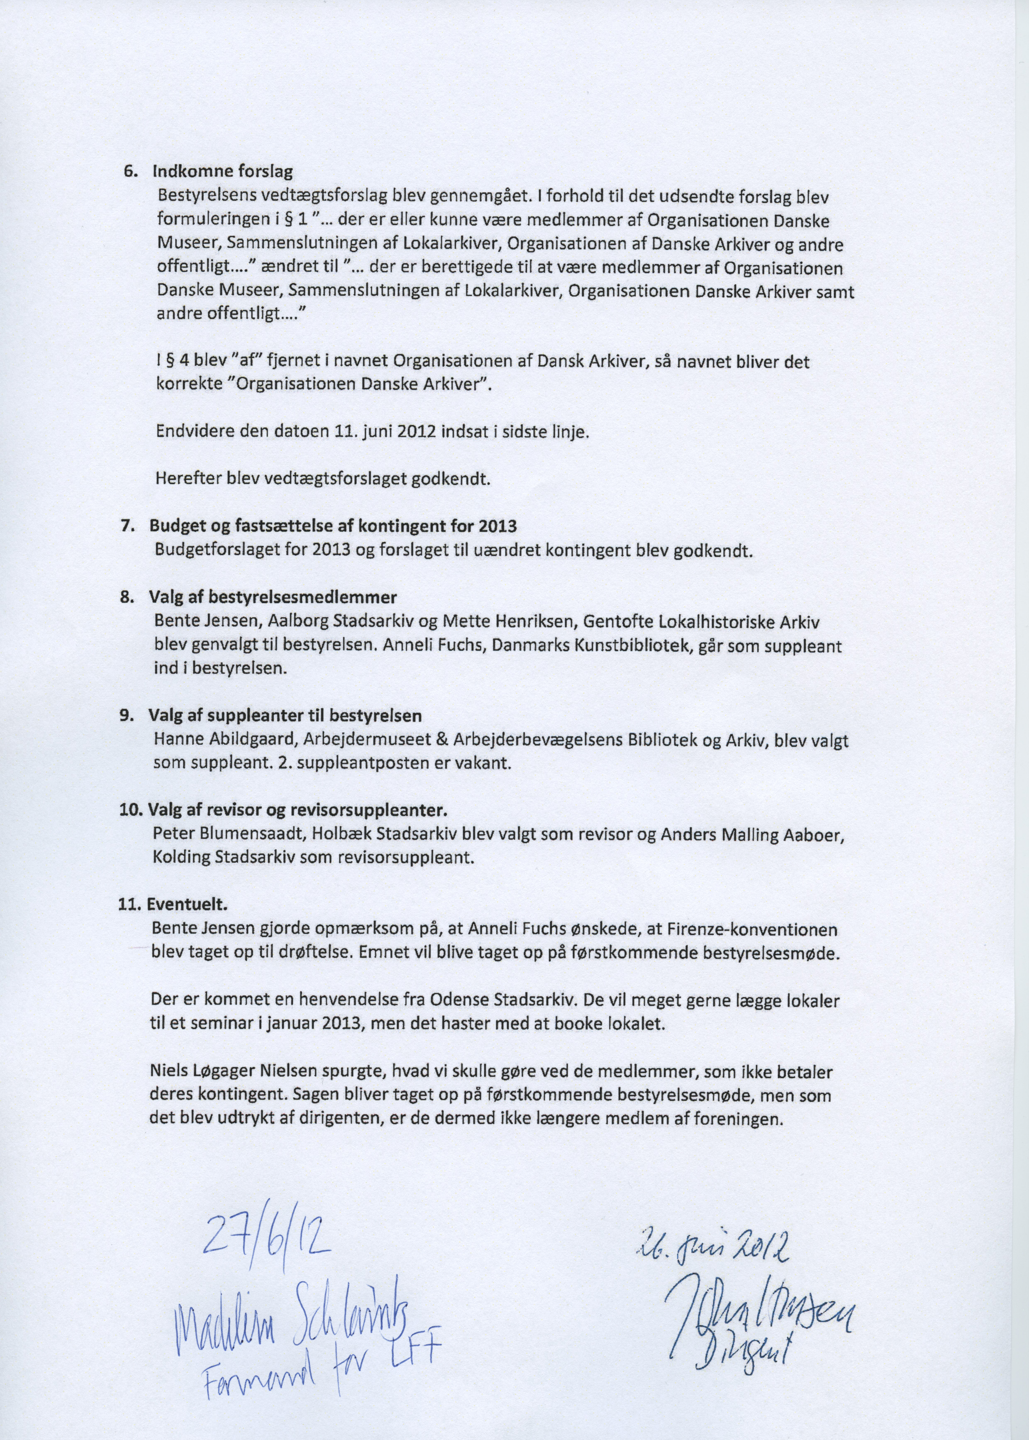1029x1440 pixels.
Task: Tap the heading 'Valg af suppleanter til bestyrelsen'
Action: (285, 716)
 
